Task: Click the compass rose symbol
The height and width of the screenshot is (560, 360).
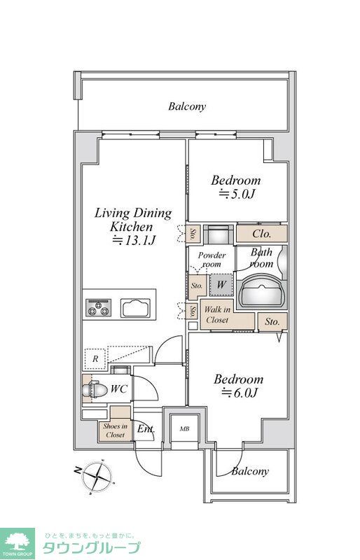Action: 97,476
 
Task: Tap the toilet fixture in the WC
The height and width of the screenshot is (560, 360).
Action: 95,389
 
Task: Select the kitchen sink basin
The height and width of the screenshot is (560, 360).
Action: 135,308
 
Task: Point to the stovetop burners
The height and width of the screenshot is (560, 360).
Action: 98,307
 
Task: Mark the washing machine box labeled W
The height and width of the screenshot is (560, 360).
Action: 221,285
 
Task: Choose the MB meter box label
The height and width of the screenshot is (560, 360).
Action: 184,429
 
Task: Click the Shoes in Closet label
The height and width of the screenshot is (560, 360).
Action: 115,430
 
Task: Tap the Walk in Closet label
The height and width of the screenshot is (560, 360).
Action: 217,315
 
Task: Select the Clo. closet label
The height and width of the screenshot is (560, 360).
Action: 262,234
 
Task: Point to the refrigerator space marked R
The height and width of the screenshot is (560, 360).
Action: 95,358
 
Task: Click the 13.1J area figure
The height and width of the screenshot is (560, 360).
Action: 134,240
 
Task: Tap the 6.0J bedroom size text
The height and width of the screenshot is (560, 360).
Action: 240,393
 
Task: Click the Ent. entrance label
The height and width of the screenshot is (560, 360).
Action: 146,428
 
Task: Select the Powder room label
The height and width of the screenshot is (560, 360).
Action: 212,260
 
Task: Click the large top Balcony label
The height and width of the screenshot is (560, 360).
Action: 187,106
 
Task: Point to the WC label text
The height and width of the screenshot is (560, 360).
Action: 118,388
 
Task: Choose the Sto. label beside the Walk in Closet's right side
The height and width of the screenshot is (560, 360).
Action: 272,321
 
